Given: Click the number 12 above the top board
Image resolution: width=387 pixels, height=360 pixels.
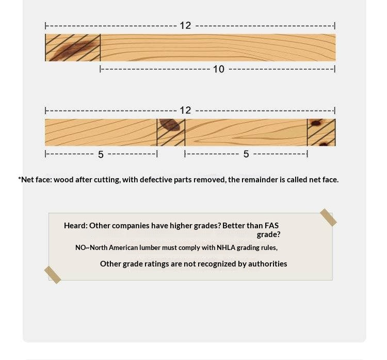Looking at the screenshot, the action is pyautogui.click(x=185, y=25).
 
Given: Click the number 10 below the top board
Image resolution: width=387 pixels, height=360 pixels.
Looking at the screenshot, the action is pyautogui.click(x=219, y=69).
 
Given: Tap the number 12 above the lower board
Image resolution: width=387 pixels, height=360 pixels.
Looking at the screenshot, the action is pyautogui.click(x=185, y=110).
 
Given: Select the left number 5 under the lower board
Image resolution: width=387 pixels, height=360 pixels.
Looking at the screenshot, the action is pyautogui.click(x=101, y=154).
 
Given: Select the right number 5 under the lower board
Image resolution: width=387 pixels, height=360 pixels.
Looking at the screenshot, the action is pyautogui.click(x=246, y=154).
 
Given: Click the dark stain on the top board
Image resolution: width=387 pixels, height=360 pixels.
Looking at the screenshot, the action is pyautogui.click(x=73, y=51).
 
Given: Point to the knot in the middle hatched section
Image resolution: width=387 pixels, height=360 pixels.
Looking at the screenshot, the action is pyautogui.click(x=170, y=124).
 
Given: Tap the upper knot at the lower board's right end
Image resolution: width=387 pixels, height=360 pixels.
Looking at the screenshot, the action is pyautogui.click(x=316, y=122).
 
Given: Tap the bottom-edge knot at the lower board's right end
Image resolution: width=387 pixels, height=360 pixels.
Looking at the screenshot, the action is pyautogui.click(x=324, y=144).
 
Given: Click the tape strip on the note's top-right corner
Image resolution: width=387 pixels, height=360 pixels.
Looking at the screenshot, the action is pyautogui.click(x=328, y=217).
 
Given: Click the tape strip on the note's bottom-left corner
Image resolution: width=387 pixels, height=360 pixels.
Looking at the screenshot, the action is pyautogui.click(x=53, y=275).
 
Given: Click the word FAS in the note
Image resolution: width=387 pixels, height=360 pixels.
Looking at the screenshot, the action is pyautogui.click(x=271, y=226).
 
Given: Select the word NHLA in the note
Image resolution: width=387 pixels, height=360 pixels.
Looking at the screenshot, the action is pyautogui.click(x=226, y=247).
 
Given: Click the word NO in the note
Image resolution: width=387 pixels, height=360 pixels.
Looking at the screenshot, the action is pyautogui.click(x=80, y=247).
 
